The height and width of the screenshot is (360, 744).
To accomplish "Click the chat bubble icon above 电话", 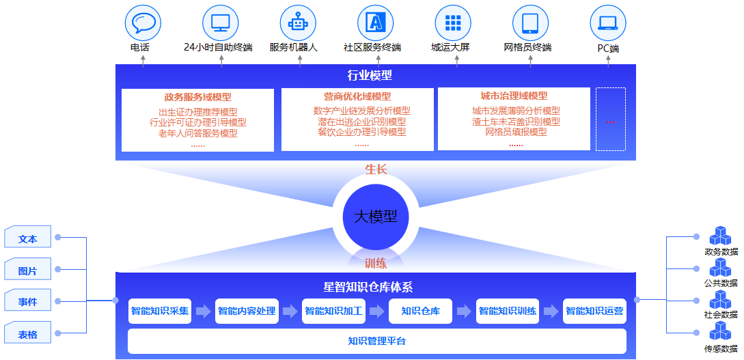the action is tap(143, 23).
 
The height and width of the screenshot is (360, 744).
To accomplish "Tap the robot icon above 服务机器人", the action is tap(299, 23).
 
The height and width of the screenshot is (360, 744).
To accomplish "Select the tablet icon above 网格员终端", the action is tap(530, 23).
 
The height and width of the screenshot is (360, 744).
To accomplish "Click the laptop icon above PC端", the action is tap(608, 23).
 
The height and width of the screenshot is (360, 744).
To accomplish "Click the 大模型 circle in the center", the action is tap(375, 217).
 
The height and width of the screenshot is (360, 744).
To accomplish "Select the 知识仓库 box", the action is tap(420, 311).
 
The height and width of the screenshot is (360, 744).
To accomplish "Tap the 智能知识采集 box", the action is tap(160, 311).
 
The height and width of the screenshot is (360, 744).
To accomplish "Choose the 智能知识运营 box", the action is tap(594, 311).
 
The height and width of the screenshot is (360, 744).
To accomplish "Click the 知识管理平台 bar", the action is tap(377, 341).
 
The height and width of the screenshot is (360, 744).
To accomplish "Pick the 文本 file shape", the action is tap(27, 236).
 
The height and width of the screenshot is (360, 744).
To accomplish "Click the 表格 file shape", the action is tap(27, 333).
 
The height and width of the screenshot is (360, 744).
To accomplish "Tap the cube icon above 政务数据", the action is tap(721, 236).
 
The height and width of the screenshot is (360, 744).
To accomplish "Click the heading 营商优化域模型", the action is tap(357, 97).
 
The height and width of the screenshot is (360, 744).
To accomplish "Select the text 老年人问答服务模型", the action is tap(198, 133).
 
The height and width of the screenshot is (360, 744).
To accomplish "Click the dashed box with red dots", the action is tap(611, 119).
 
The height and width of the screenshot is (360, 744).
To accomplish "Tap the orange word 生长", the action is tap(376, 169).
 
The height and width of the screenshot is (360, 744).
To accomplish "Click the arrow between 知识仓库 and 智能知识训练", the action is tap(464, 311).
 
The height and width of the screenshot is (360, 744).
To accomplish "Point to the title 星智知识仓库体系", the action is tap(376, 287).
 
